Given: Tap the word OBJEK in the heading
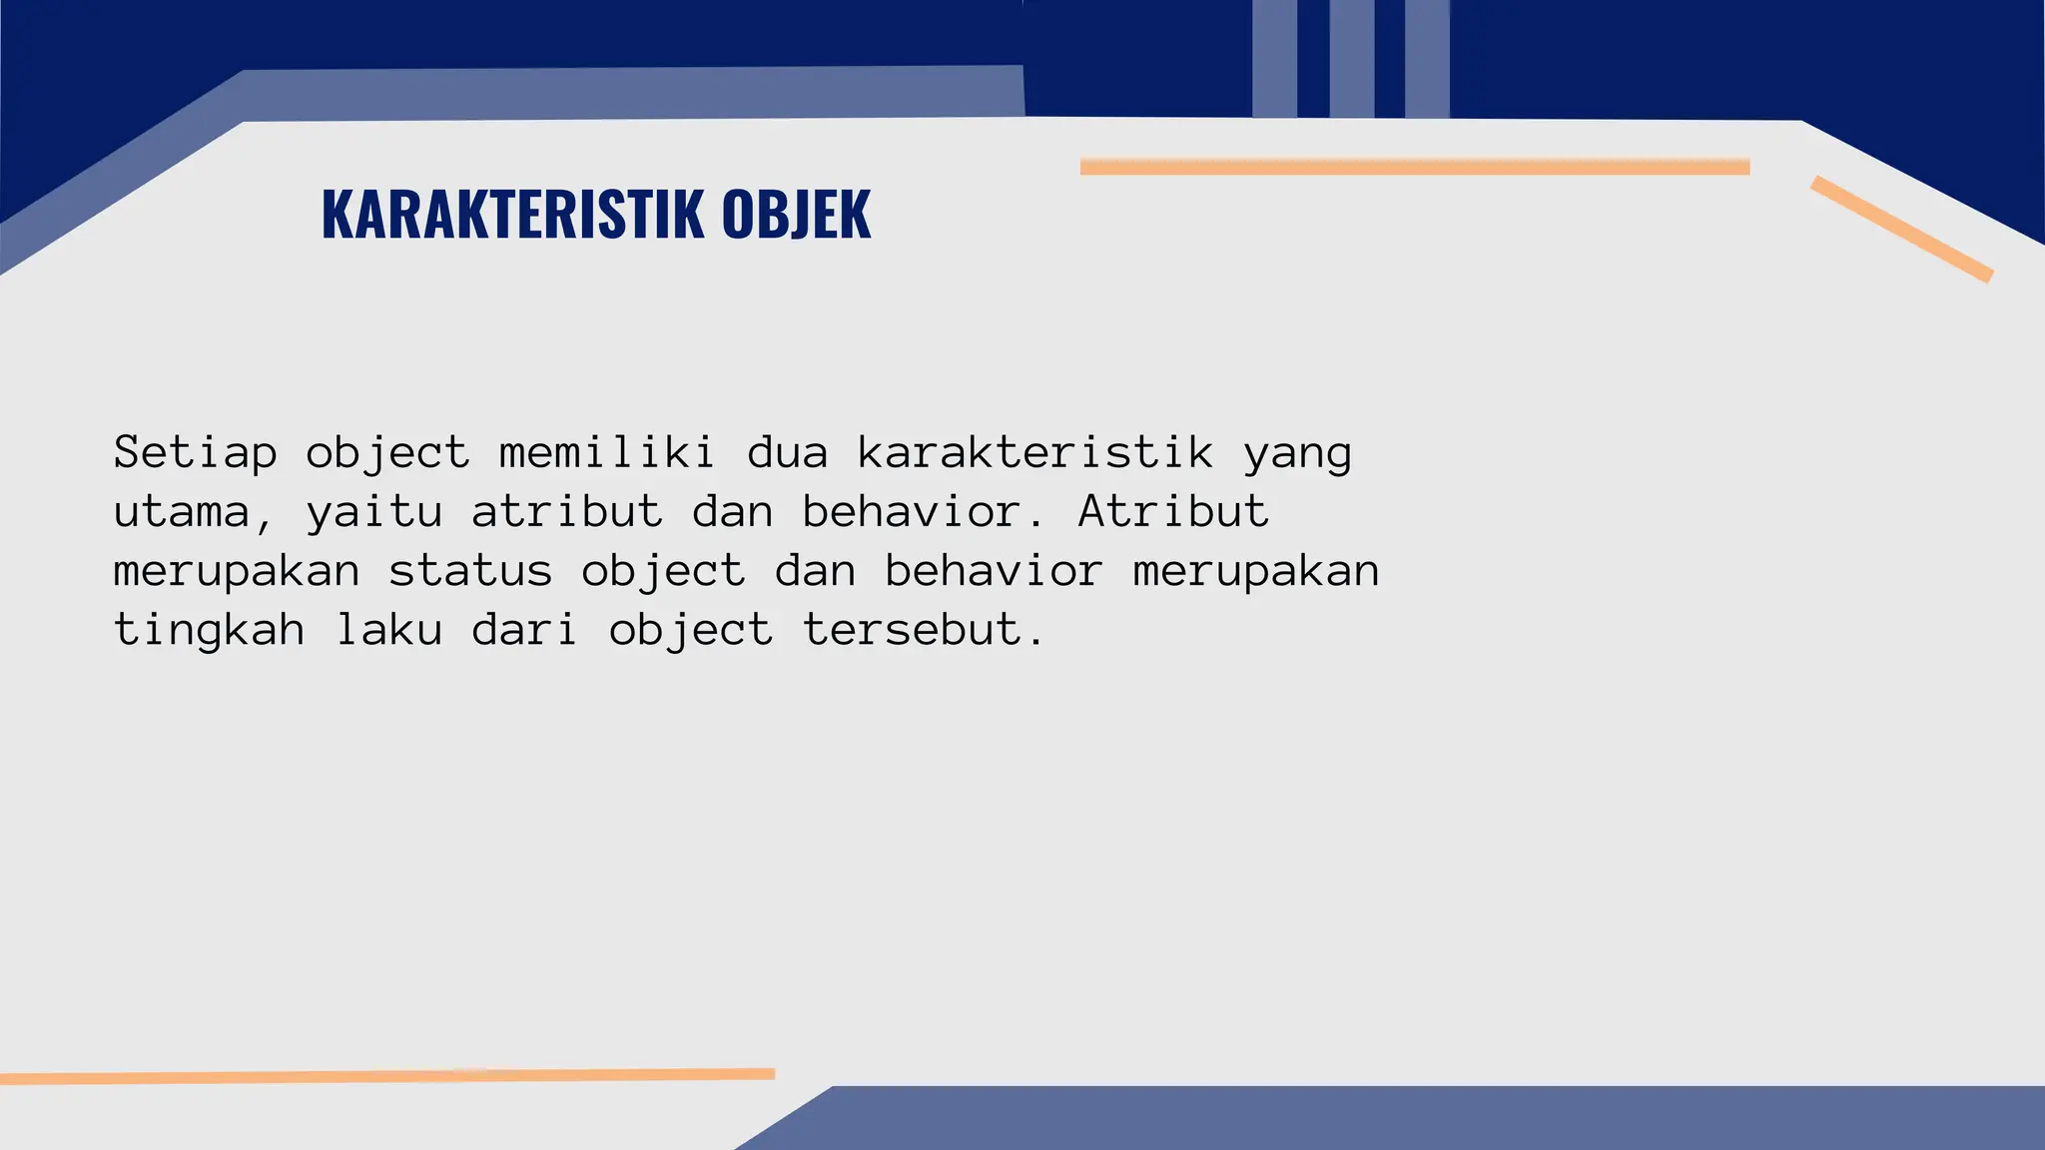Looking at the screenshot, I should tap(796, 214).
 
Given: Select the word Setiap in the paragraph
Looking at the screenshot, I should tap(195, 453).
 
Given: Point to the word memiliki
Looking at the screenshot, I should tap(607, 453).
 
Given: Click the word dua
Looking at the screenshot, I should tap(788, 453).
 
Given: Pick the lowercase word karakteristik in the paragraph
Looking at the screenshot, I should tap(1035, 453).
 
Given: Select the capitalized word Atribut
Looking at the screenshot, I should tap(1173, 511).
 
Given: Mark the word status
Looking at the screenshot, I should tap(470, 571).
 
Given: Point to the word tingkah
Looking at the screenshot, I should tap(209, 631).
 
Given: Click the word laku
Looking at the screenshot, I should tap(389, 630).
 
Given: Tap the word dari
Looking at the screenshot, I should tap(525, 630).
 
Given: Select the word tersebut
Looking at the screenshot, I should tap(924, 630).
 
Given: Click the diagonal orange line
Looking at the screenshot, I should tap(1901, 229).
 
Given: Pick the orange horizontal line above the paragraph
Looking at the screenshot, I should tap(1414, 167).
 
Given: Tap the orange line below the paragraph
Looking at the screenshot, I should tap(387, 1076).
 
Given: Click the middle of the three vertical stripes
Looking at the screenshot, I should tap(1351, 58).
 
